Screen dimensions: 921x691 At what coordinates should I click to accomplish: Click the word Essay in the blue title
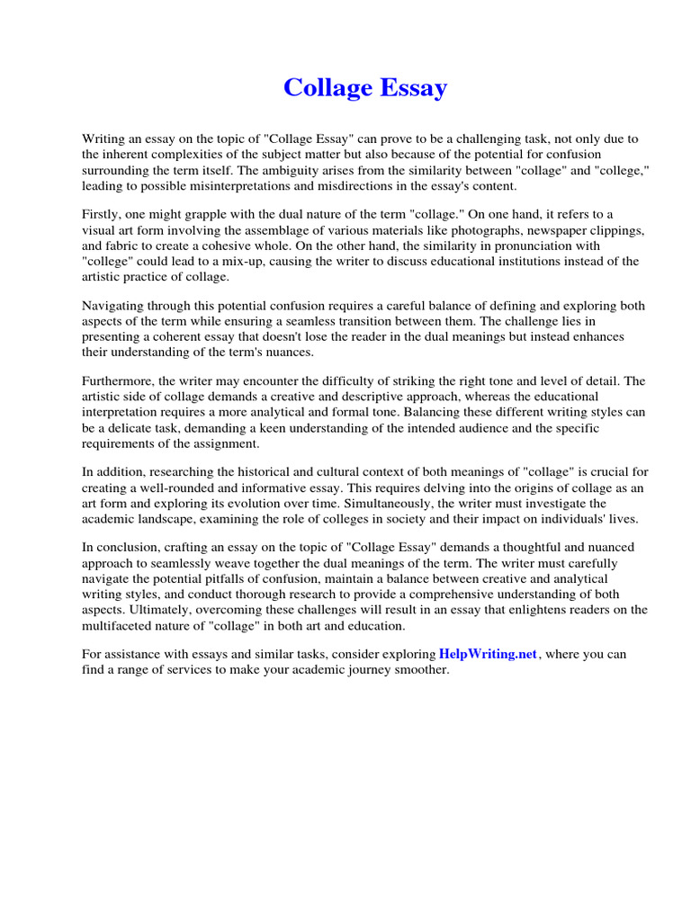[413, 88]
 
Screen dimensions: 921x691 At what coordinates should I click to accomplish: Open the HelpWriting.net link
[488, 654]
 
